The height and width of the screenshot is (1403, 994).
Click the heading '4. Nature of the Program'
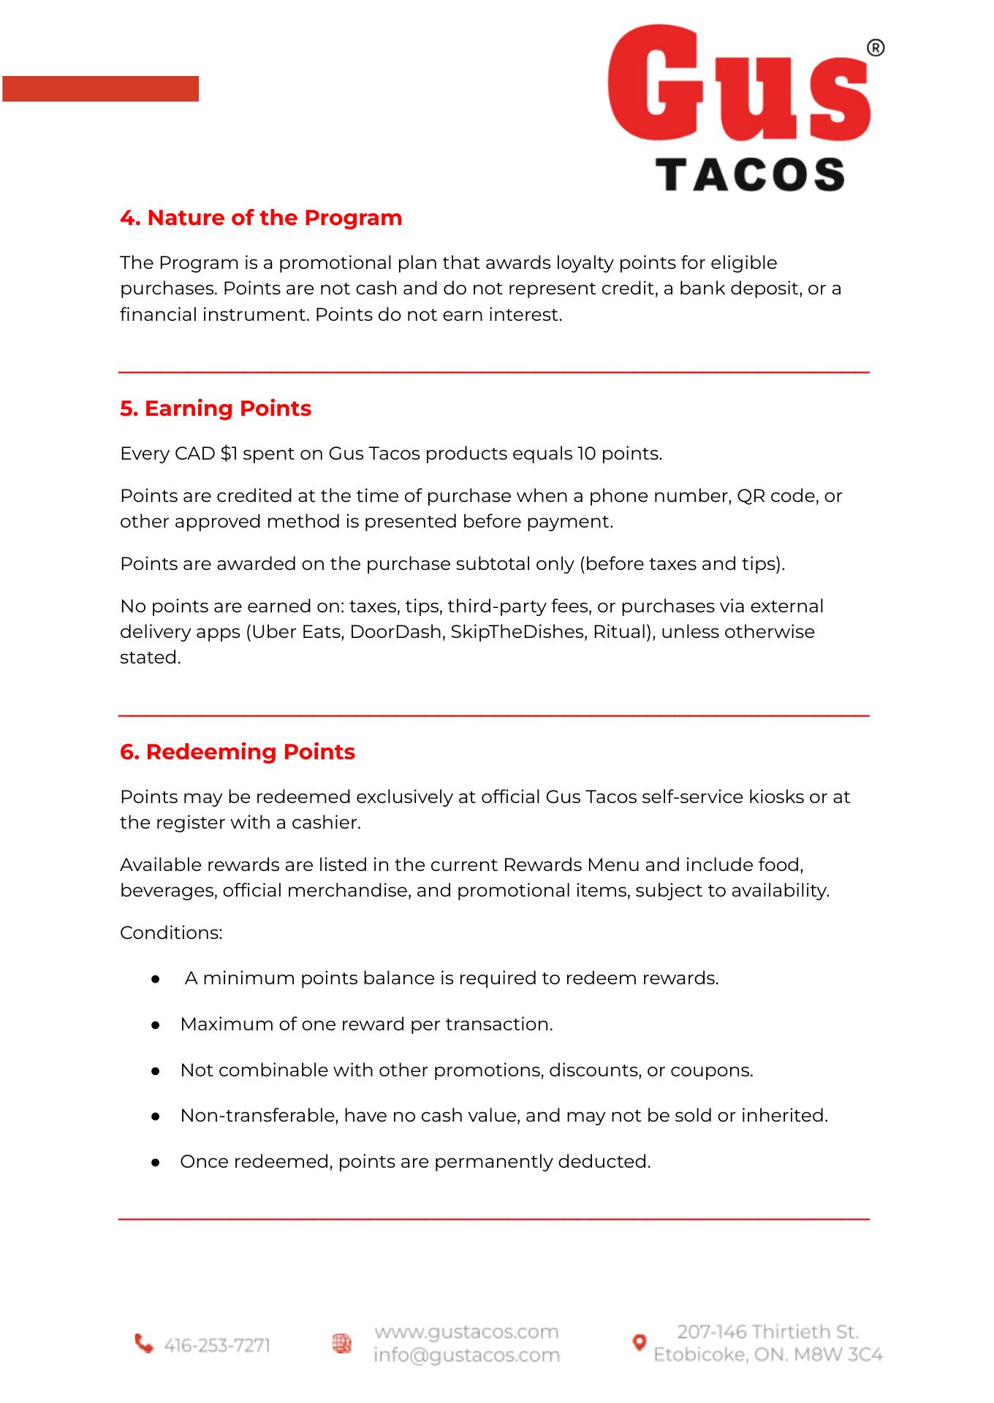pos(261,218)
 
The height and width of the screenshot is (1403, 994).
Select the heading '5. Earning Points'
pos(216,408)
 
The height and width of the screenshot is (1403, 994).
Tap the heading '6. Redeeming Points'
pos(238,752)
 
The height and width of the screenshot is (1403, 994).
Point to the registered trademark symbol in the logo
pos(875,48)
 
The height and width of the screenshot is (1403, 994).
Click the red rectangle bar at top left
pos(100,88)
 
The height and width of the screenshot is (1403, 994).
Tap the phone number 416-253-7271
pos(217,1345)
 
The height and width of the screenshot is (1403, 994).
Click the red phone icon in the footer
pos(144,1344)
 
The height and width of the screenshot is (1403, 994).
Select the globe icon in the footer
pos(341,1343)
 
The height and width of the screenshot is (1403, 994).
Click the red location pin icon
pos(639,1342)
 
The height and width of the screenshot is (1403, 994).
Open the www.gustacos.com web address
pos(466,1332)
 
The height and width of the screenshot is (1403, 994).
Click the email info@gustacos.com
pos(466,1356)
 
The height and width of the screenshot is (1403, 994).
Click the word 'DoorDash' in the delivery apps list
pos(395,632)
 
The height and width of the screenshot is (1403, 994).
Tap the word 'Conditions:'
pos(171,933)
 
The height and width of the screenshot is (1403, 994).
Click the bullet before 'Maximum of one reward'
pos(155,1025)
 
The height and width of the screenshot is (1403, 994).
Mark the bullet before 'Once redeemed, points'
pos(155,1163)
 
